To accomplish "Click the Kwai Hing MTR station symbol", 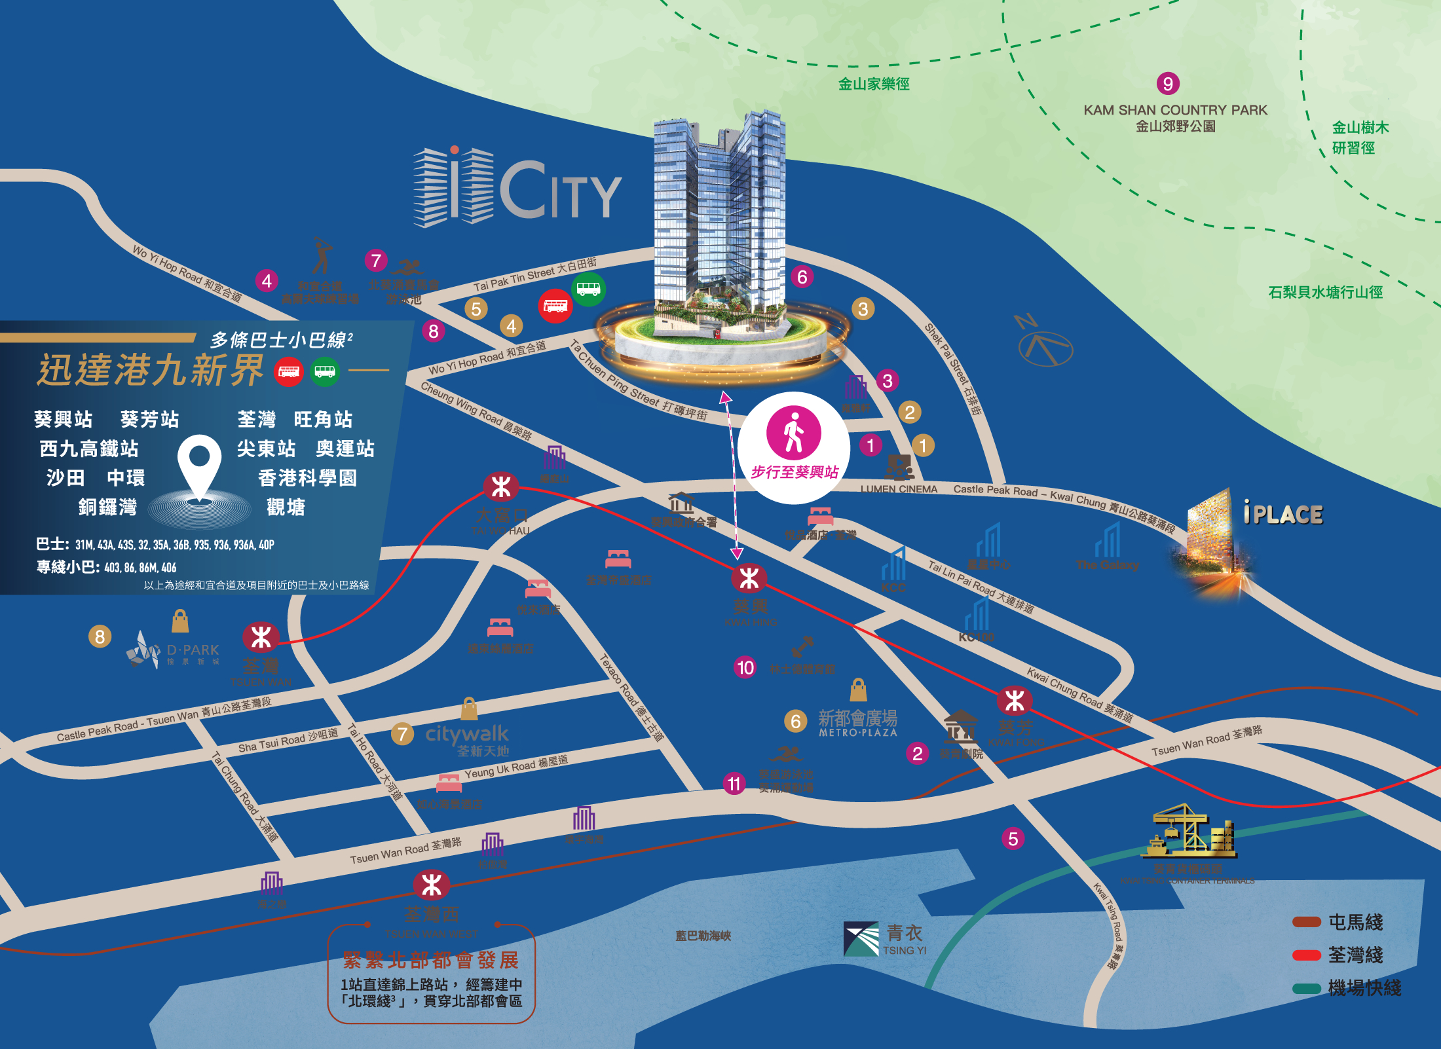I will pos(749,579).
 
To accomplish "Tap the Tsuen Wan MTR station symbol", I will pos(261,637).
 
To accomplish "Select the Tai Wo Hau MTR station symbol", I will pos(501,487).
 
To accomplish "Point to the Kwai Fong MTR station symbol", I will pos(1015,701).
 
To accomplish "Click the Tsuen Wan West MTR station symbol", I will pos(432,886).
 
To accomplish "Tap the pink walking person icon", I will pos(794,432).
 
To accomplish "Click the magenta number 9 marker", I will pos(1168,83).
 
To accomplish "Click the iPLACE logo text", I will pos(1283,514).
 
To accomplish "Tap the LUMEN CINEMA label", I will pos(899,489).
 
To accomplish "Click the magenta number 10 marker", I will pos(745,667).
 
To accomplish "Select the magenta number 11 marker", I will pos(734,784).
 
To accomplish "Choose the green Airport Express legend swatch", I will pos(1306,988).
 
